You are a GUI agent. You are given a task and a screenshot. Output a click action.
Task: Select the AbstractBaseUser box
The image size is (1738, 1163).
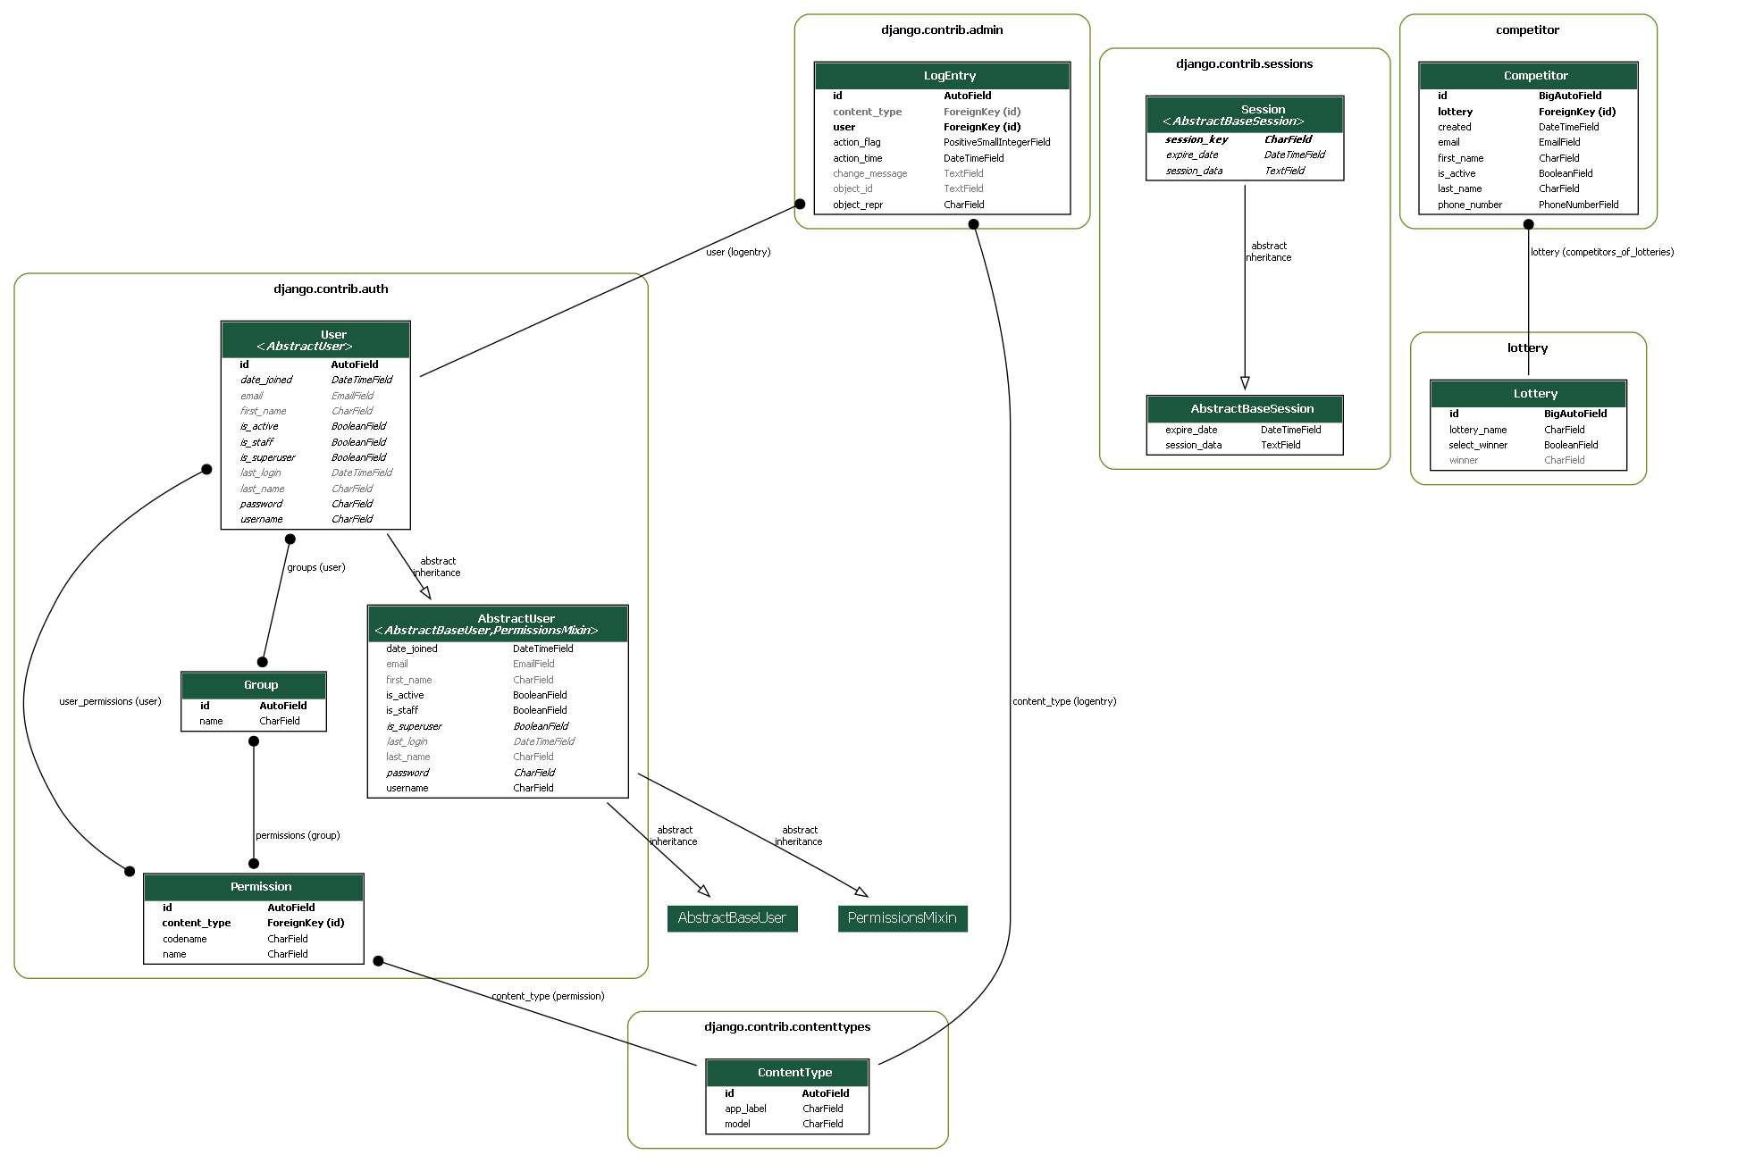tap(732, 918)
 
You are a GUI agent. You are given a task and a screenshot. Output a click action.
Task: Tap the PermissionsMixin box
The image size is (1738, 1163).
tap(902, 918)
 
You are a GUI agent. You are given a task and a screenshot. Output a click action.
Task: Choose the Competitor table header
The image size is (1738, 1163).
tap(1527, 76)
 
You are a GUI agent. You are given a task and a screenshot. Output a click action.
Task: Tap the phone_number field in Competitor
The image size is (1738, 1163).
tap(1469, 205)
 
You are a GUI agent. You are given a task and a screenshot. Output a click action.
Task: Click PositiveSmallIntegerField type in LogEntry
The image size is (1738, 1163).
tap(996, 142)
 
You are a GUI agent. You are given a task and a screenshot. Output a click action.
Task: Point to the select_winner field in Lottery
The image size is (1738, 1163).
tap(1477, 445)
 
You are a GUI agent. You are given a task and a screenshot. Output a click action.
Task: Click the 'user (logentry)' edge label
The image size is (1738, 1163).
tap(738, 252)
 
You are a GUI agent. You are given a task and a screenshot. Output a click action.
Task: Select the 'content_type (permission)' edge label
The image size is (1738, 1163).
tap(548, 996)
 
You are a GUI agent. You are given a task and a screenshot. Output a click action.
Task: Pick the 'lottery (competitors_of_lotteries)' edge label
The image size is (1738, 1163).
tap(1601, 252)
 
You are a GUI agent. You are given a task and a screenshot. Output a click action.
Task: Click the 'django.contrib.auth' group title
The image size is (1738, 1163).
tap(331, 289)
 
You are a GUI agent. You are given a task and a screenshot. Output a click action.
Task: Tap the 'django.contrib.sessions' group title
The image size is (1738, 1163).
tap(1244, 64)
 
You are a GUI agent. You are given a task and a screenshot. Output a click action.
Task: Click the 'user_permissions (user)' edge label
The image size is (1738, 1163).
tap(110, 701)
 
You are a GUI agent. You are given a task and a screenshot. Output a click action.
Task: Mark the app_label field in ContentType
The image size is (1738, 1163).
tap(745, 1109)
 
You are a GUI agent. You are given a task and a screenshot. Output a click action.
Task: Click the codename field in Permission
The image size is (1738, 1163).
tap(184, 939)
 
